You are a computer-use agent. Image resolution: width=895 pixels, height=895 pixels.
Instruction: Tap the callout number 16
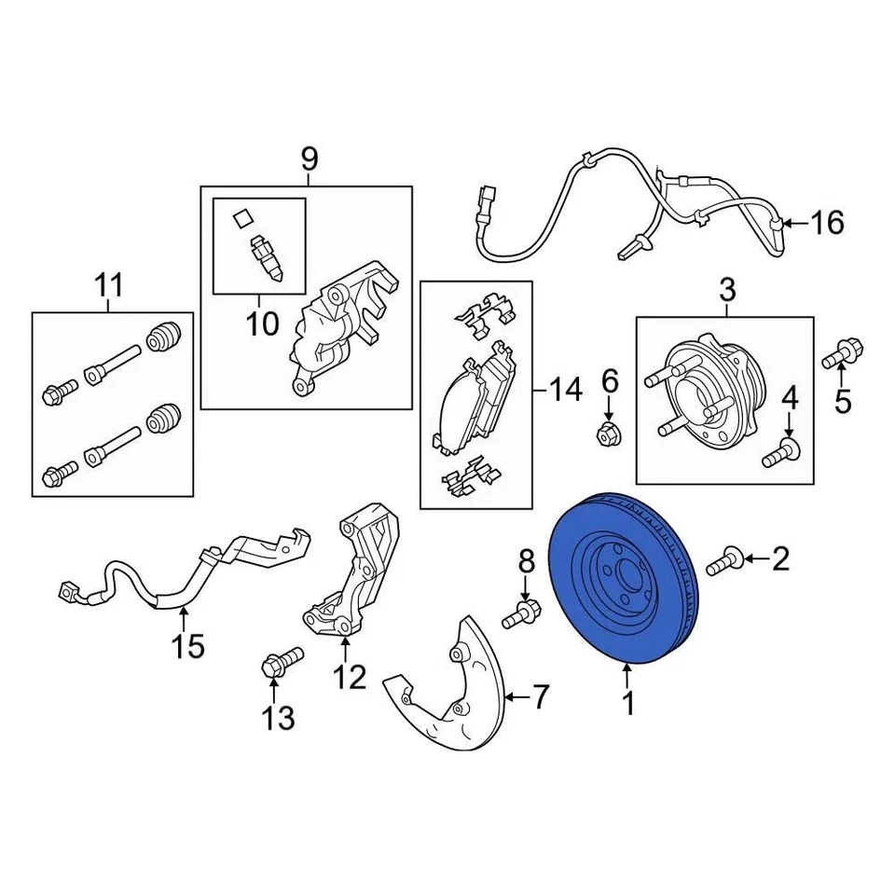pos(825,223)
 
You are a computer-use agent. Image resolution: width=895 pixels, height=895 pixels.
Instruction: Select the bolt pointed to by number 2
pos(723,561)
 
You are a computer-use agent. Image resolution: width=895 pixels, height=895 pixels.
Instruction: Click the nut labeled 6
pos(608,432)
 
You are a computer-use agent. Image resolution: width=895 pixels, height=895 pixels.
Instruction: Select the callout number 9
pos(310,159)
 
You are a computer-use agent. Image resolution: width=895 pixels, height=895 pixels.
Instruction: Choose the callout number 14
pos(565,389)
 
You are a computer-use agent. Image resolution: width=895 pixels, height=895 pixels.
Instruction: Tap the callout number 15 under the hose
pos(187,645)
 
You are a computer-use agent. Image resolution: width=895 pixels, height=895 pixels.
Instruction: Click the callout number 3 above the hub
pos(727,290)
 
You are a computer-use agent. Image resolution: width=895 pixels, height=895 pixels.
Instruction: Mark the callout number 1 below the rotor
pos(629,704)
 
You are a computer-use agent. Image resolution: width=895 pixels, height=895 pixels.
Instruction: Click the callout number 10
pos(262,324)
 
